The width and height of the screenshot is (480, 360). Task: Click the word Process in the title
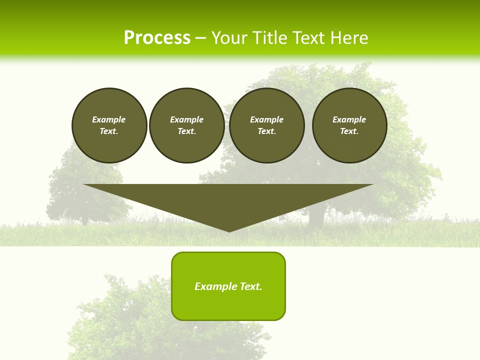pyautogui.click(x=157, y=37)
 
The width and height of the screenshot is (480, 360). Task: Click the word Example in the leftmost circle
pyautogui.click(x=109, y=119)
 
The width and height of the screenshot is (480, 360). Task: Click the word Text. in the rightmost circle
pyautogui.click(x=349, y=131)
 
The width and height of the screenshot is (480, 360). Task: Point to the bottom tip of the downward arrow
pyautogui.click(x=229, y=230)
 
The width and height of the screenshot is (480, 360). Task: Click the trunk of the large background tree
pyautogui.click(x=316, y=215)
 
